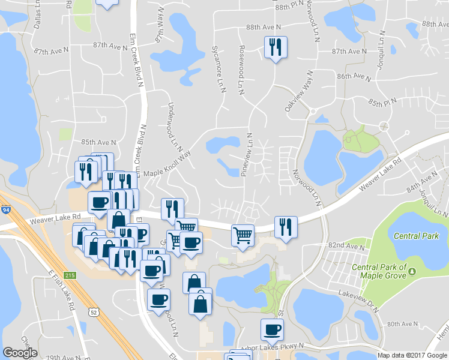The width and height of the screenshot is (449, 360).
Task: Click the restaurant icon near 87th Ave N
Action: (276, 47)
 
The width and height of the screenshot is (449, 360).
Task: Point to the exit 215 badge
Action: (70, 275)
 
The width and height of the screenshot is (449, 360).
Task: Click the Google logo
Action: (20, 353)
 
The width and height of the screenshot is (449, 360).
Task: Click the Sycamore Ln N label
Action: (219, 68)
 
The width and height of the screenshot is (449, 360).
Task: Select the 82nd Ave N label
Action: (346, 246)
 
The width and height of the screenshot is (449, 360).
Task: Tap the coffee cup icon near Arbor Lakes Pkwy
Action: (272, 329)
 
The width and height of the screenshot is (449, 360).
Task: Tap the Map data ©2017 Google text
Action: (412, 355)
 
